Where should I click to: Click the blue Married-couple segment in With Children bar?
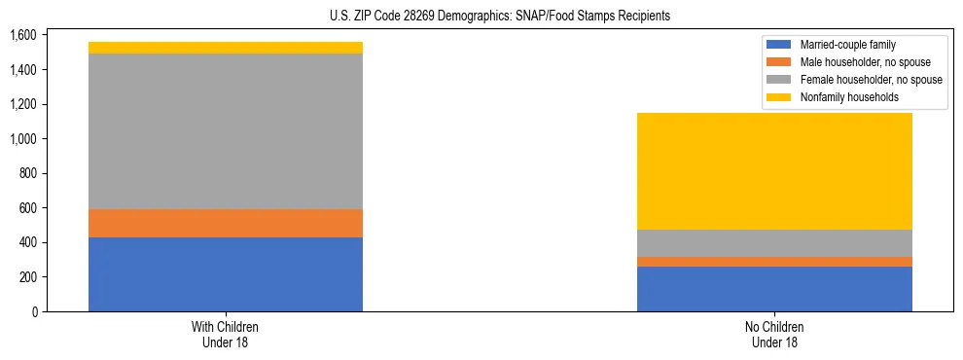226,274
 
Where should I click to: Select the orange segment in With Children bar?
226,223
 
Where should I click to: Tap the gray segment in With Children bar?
226,131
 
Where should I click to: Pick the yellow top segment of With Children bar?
226,48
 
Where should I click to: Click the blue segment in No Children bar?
774,289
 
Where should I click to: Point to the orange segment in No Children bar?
774,262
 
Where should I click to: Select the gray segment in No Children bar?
774,243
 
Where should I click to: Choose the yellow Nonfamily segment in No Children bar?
774,171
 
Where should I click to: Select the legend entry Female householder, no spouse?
869,80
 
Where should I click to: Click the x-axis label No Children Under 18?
774,334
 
